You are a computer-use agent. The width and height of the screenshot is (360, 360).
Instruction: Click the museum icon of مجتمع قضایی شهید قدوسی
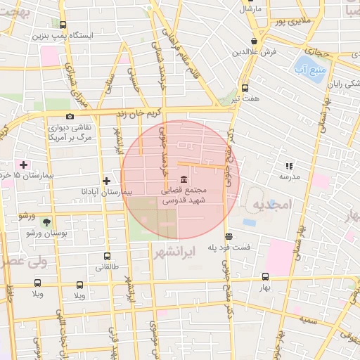184,178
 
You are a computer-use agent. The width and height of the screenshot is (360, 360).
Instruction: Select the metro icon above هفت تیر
245,88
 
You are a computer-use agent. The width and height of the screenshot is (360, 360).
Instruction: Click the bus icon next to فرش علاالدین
254,41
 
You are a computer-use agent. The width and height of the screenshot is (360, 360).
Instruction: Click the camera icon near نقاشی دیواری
70,116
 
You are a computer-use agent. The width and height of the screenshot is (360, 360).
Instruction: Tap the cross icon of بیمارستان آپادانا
106,181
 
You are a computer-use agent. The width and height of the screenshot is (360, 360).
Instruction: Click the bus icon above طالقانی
106,257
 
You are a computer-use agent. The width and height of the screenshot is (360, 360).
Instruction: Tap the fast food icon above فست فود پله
228,236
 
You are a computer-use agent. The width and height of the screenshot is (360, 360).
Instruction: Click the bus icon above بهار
265,276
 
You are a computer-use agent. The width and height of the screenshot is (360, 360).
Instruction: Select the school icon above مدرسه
289,166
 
